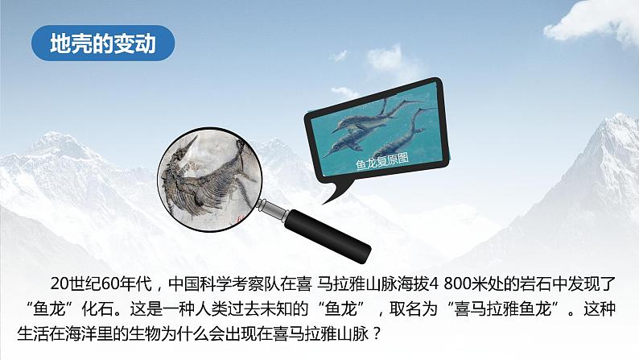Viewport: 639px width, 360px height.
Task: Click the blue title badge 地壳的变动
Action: point(101,41)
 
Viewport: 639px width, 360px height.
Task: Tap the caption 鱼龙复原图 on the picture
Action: point(382,160)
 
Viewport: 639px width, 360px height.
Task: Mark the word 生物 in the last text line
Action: point(171,329)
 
